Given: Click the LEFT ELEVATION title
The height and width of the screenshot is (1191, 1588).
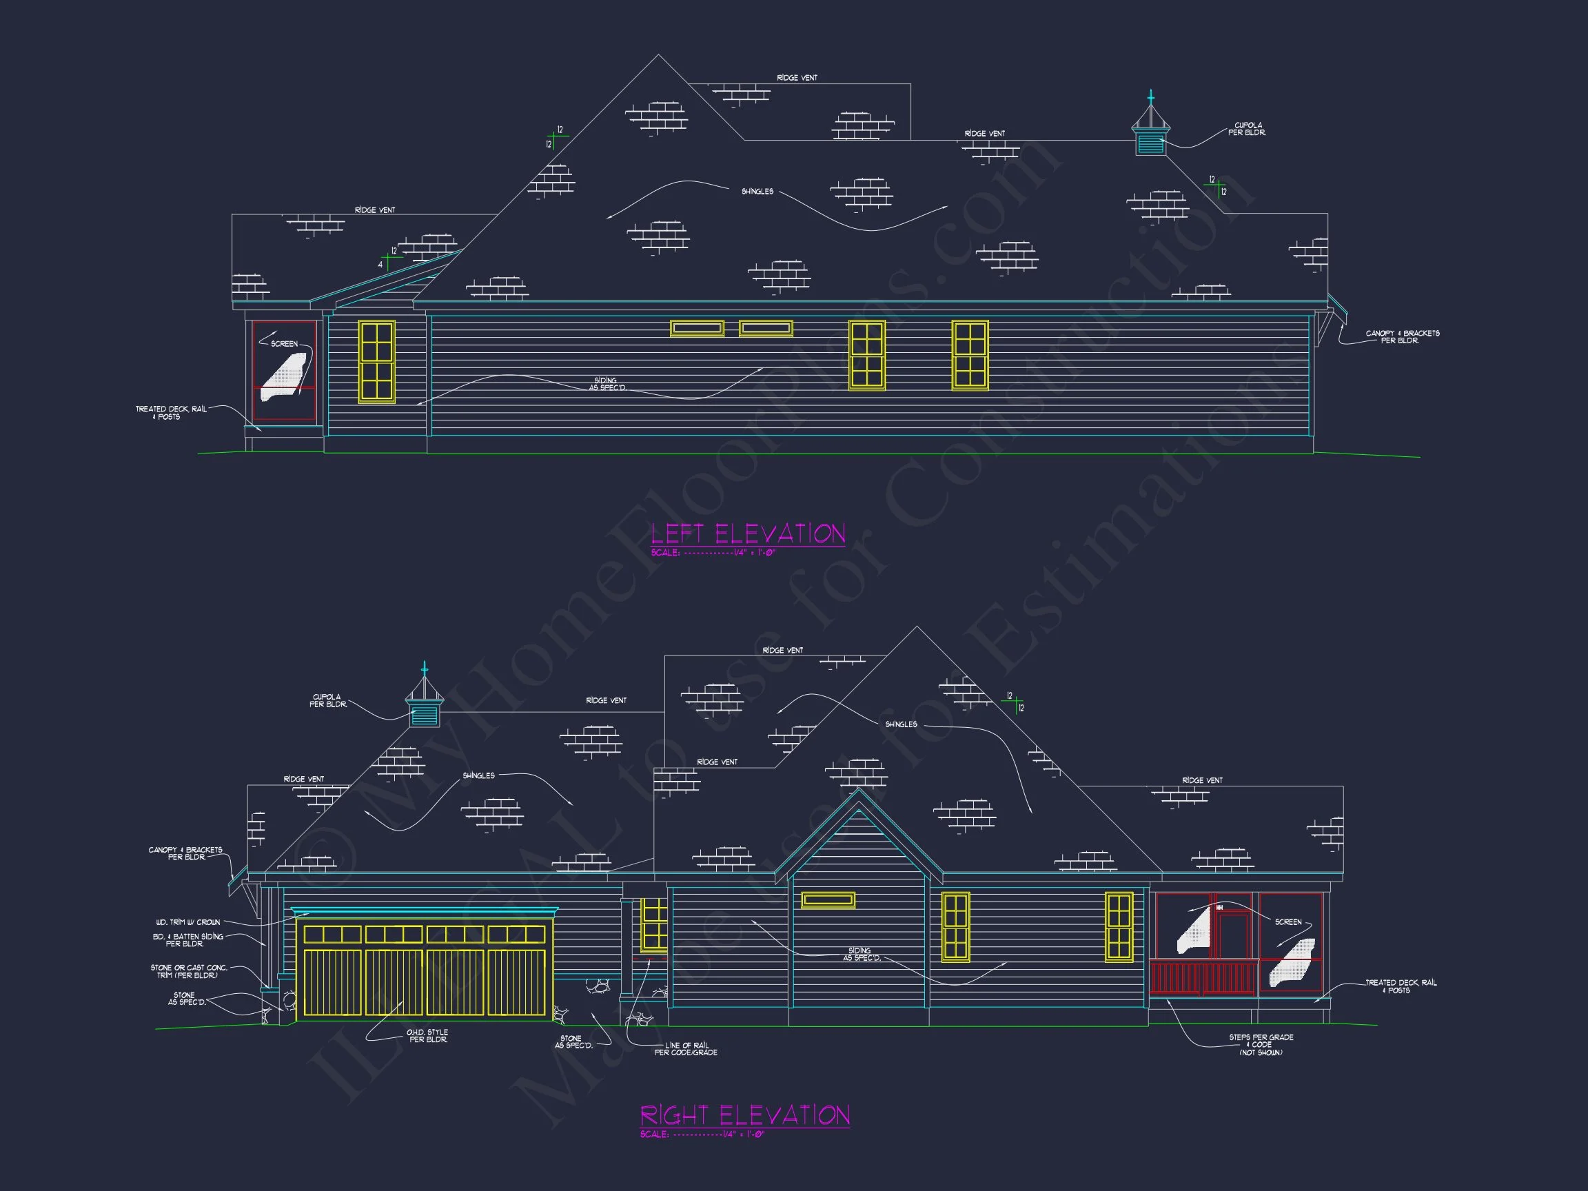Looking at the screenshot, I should click(x=748, y=534).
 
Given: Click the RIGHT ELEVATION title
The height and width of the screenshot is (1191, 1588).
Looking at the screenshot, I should click(x=744, y=1115).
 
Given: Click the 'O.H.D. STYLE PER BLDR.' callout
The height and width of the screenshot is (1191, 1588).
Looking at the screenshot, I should click(x=427, y=1036).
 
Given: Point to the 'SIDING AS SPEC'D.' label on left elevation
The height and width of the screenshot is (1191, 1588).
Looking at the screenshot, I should click(x=607, y=384).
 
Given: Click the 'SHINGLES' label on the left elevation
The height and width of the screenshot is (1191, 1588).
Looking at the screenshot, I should click(x=757, y=192).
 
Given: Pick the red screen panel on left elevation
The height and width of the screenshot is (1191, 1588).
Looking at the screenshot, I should click(x=284, y=370).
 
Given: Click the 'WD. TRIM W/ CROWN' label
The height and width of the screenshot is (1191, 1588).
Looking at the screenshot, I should click(x=188, y=922).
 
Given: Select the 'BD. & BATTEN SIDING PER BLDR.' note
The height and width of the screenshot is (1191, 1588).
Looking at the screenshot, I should click(x=188, y=940).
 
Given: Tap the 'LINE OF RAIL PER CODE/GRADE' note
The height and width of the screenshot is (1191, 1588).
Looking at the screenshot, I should click(x=686, y=1049).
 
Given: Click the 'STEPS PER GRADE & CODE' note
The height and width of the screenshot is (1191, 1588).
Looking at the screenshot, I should click(x=1261, y=1045).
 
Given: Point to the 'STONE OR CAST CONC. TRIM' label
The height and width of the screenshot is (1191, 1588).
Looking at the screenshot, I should click(x=189, y=971).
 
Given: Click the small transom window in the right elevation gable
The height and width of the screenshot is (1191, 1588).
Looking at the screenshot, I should click(x=828, y=899).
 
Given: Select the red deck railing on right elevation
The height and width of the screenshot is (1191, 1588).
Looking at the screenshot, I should click(x=1203, y=978).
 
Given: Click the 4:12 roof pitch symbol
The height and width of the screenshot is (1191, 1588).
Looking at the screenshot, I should click(x=389, y=259).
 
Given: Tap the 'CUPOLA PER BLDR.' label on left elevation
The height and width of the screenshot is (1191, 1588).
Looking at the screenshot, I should click(x=1248, y=129).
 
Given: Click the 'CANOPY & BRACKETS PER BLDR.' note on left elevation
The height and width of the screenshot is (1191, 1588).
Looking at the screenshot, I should click(x=1402, y=337).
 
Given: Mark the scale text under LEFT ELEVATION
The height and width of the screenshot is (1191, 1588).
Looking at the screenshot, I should click(x=713, y=553).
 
